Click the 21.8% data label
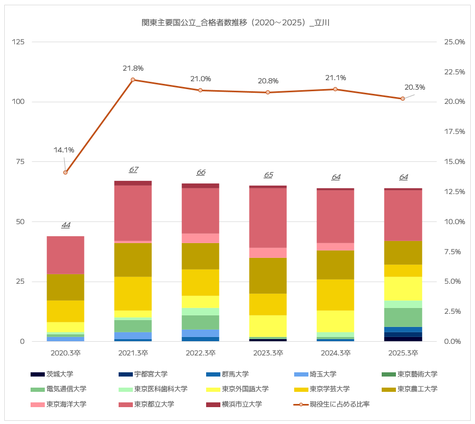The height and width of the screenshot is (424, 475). [133, 69]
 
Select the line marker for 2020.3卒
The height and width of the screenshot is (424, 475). [65, 172]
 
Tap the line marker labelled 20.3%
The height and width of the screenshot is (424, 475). [403, 99]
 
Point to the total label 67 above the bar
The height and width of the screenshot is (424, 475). [133, 170]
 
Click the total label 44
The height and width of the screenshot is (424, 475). [65, 225]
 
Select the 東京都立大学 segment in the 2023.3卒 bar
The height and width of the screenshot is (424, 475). [268, 218]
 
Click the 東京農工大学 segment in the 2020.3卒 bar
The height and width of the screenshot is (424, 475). [65, 287]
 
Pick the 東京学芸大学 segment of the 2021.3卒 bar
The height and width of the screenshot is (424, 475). [133, 294]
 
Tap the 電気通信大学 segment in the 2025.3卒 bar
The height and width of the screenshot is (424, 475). [403, 317]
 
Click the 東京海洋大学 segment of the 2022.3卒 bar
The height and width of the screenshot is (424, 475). [200, 238]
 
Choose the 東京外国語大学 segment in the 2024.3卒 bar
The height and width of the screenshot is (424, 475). [335, 321]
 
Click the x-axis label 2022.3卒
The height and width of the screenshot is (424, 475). [200, 352]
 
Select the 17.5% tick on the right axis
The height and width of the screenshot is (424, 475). [454, 132]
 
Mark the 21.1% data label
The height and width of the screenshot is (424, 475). [335, 78]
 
